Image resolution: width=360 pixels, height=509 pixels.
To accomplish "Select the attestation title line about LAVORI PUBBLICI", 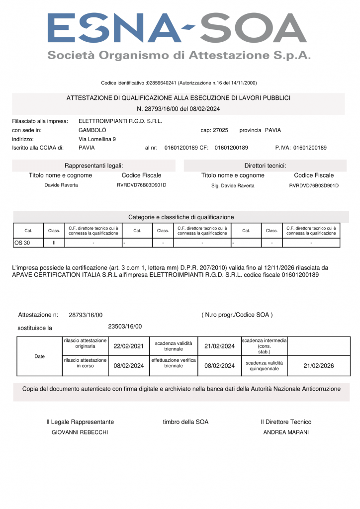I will (179, 98).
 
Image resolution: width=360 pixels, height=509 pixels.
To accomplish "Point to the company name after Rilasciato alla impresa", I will (120, 121).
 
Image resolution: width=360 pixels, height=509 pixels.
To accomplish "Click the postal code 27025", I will (220, 130).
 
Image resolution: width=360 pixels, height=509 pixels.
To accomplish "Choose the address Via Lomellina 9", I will (97, 139).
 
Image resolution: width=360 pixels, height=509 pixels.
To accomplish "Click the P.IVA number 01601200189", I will (310, 148).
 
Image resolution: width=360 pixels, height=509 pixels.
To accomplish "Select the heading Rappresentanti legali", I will (93, 166).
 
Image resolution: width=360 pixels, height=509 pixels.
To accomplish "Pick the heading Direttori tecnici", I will (265, 166).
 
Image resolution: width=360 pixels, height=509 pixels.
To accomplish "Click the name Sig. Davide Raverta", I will (233, 185).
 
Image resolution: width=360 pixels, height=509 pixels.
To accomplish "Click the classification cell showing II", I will (54, 243).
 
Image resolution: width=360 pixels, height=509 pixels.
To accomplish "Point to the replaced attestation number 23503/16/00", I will (125, 327).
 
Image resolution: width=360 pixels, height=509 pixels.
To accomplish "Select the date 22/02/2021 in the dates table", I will (128, 346).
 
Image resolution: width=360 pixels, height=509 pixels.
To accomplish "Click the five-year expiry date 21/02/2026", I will (319, 366).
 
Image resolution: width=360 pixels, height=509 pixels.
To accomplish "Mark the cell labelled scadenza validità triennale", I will (173, 346).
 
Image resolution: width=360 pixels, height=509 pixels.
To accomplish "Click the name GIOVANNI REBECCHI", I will (80, 432).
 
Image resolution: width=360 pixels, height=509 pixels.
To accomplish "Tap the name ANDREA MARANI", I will (286, 432).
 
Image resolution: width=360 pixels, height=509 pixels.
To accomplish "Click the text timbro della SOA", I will (185, 422).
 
